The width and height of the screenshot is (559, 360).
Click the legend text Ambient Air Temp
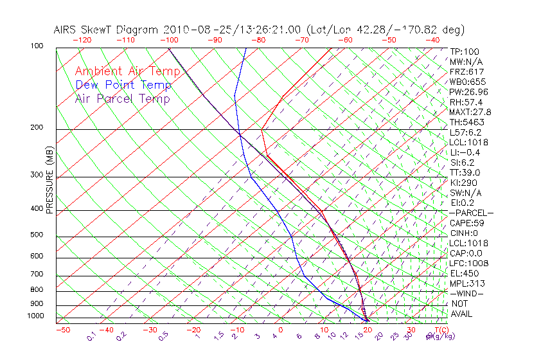tap(127, 71)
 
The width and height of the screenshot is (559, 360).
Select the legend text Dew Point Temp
tap(123, 85)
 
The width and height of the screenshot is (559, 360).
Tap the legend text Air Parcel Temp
tap(122, 98)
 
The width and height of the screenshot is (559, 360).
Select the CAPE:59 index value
tap(466, 223)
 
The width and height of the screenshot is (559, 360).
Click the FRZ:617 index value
tap(466, 72)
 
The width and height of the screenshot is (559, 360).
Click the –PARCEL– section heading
tap(471, 213)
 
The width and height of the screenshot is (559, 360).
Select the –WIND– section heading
tap(466, 293)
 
